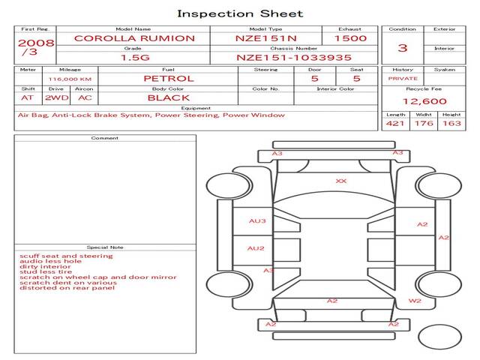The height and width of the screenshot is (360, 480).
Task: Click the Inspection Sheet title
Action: point(240,13)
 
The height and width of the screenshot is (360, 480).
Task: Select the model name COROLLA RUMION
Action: point(134,38)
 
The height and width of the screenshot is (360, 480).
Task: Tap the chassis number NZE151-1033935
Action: point(293,58)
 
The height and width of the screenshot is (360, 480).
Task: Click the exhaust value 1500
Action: point(350,38)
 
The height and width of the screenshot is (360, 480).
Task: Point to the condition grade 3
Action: point(403,48)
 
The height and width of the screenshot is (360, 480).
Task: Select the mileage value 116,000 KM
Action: point(70,79)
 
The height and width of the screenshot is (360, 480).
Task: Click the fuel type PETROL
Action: point(169,79)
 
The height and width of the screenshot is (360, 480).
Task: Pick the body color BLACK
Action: point(169,98)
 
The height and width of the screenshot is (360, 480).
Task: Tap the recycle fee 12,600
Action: point(424,101)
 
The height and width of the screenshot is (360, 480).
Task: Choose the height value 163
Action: point(451,123)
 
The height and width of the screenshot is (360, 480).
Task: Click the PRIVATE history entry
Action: point(403,79)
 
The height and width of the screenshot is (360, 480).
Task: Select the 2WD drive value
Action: point(57,98)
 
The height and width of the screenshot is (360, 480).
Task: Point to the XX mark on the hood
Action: point(341,181)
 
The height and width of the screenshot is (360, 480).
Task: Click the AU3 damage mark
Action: point(257,221)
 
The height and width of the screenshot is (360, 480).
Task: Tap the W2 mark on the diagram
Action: point(415,301)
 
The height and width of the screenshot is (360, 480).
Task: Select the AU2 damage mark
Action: point(256,248)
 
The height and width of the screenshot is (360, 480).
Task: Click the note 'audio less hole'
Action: point(50,261)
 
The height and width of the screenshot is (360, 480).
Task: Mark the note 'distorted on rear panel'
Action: point(67,288)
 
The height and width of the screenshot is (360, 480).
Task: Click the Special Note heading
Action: point(105,247)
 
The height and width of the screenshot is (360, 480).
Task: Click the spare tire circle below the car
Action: point(439,325)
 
